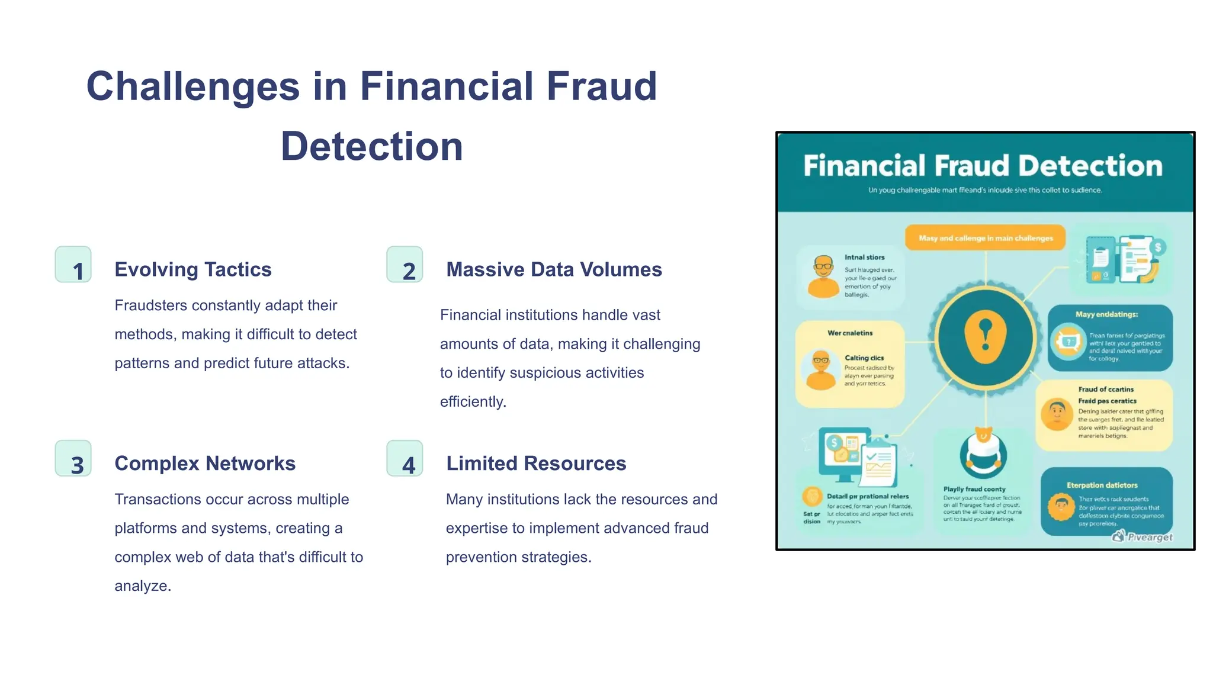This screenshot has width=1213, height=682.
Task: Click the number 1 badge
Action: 73,265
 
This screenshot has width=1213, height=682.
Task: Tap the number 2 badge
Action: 405,265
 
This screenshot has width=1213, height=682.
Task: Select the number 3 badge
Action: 73,458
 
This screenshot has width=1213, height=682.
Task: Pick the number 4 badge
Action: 405,458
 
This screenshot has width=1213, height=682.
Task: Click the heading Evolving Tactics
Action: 192,269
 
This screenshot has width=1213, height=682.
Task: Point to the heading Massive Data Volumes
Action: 554,269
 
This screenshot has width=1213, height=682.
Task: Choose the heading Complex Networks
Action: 204,463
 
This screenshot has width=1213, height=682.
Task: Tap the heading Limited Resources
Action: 536,463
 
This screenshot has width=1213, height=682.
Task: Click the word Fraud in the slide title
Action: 601,86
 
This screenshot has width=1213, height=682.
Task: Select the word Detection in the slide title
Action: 371,146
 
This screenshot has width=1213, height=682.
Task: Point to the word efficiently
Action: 473,402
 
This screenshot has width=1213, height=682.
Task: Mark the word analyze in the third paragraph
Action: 142,586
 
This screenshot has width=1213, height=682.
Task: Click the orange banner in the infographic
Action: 985,238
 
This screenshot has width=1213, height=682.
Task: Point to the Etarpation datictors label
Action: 1102,485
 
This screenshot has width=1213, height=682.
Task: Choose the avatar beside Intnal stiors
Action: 823,276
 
